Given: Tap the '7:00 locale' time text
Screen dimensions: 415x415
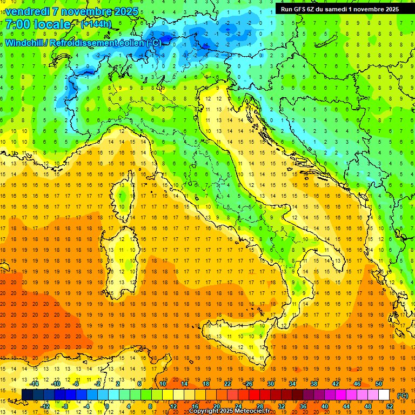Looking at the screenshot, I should pyautogui.click(x=38, y=25).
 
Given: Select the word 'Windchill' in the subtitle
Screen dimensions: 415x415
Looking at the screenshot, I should pyautogui.click(x=24, y=43).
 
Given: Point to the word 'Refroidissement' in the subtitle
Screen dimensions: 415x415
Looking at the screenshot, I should pyautogui.click(x=84, y=43).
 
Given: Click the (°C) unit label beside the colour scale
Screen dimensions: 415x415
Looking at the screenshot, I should pyautogui.click(x=402, y=396).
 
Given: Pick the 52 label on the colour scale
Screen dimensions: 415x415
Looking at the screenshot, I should pyautogui.click(x=390, y=406).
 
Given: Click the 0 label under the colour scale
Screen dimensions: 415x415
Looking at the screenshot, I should pyautogui.click(x=108, y=406).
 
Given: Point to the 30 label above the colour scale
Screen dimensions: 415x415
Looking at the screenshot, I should pyautogui.click(x=270, y=384).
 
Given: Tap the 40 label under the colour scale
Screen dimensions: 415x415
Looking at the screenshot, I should pyautogui.click(x=324, y=406).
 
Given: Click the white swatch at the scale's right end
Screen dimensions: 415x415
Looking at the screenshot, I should pyautogui.click(x=384, y=395).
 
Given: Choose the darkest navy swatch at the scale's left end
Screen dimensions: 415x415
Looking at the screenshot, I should pyautogui.click(x=27, y=395).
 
